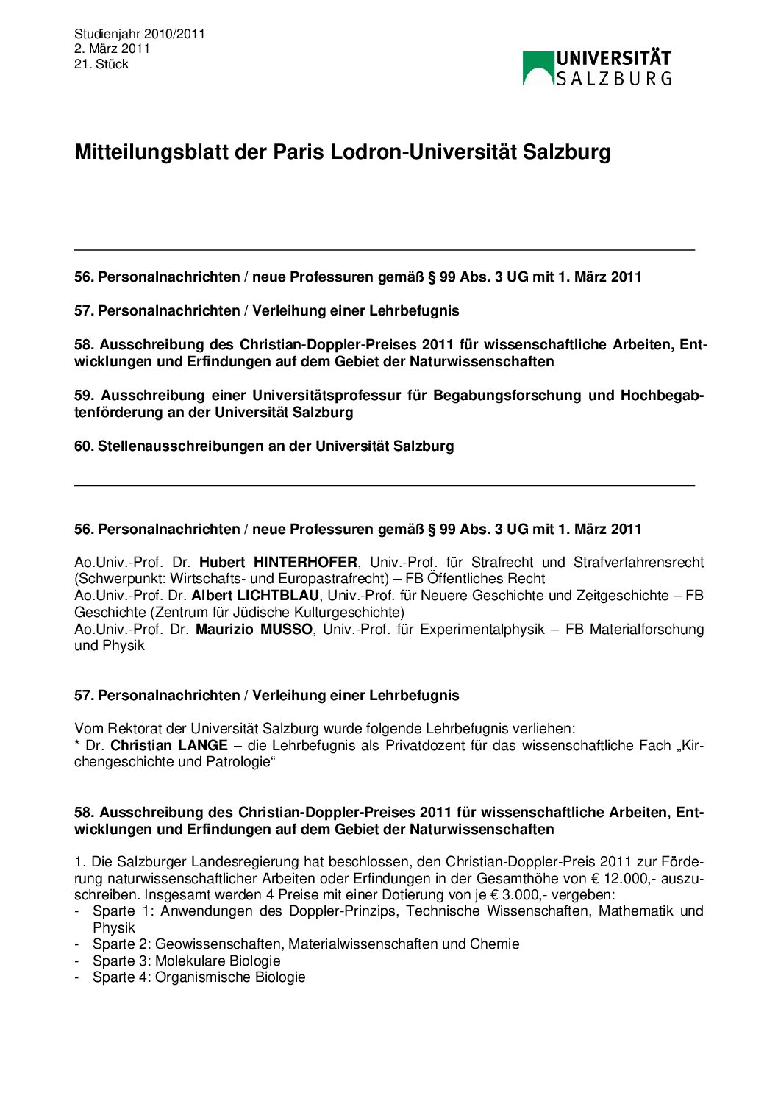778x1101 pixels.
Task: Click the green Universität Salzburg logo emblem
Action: pyautogui.click(x=538, y=68)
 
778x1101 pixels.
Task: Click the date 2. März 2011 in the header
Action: pyautogui.click(x=112, y=49)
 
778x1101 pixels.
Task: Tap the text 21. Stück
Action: pyautogui.click(x=101, y=64)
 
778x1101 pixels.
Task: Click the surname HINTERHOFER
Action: pyautogui.click(x=305, y=562)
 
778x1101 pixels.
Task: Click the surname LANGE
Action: pyautogui.click(x=202, y=745)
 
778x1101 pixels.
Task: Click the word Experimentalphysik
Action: pyautogui.click(x=482, y=629)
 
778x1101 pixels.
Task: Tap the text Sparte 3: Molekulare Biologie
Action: pyautogui.click(x=187, y=961)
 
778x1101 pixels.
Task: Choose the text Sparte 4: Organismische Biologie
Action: pyautogui.click(x=199, y=977)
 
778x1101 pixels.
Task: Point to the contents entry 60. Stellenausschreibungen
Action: pyautogui.click(x=263, y=446)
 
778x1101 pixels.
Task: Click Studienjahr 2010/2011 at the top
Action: pyautogui.click(x=140, y=34)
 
